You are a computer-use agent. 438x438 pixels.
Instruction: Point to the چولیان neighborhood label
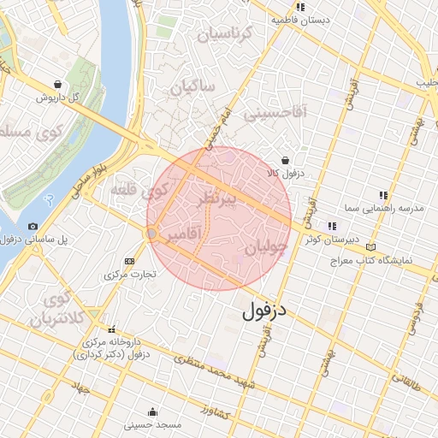coord(264,249)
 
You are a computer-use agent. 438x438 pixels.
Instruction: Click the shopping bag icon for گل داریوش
coord(57,85)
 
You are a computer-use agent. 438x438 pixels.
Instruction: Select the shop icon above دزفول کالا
coord(285,160)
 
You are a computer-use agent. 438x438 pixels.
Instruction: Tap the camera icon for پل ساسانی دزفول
coord(33,226)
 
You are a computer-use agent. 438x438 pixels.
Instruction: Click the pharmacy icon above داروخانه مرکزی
coord(111,330)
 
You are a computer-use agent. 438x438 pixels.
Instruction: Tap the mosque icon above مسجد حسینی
coord(151,411)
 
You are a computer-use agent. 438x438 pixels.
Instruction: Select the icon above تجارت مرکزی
coord(130,261)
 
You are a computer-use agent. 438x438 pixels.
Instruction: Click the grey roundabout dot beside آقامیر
coord(151,233)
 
